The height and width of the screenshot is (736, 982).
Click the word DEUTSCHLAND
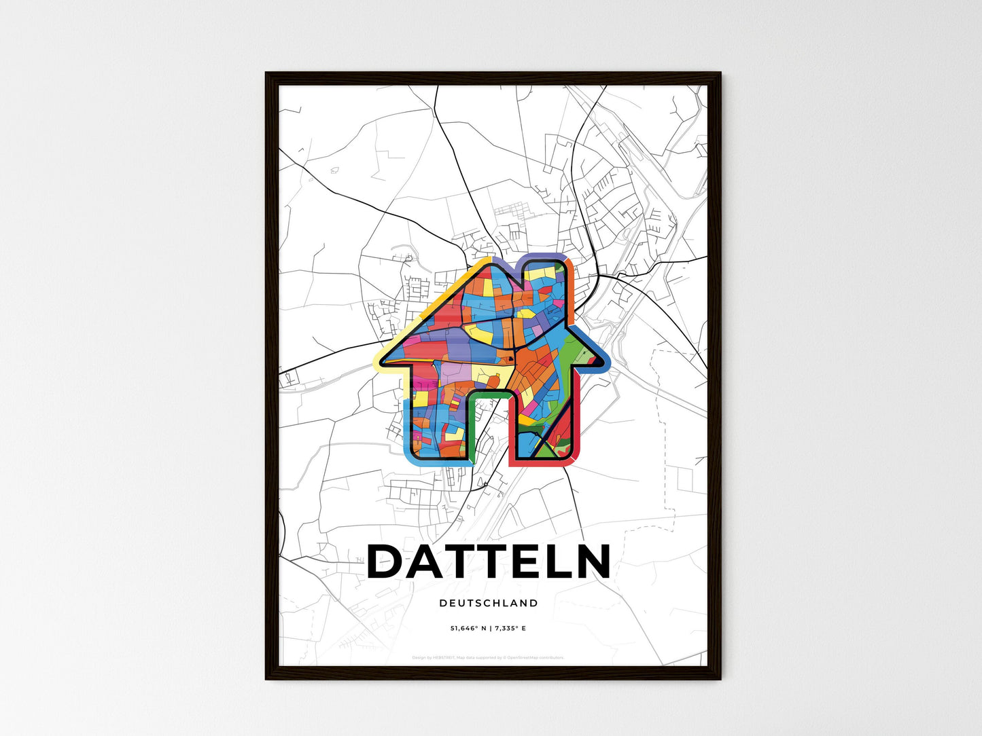point(489,603)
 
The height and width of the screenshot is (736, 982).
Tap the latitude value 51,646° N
point(468,629)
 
